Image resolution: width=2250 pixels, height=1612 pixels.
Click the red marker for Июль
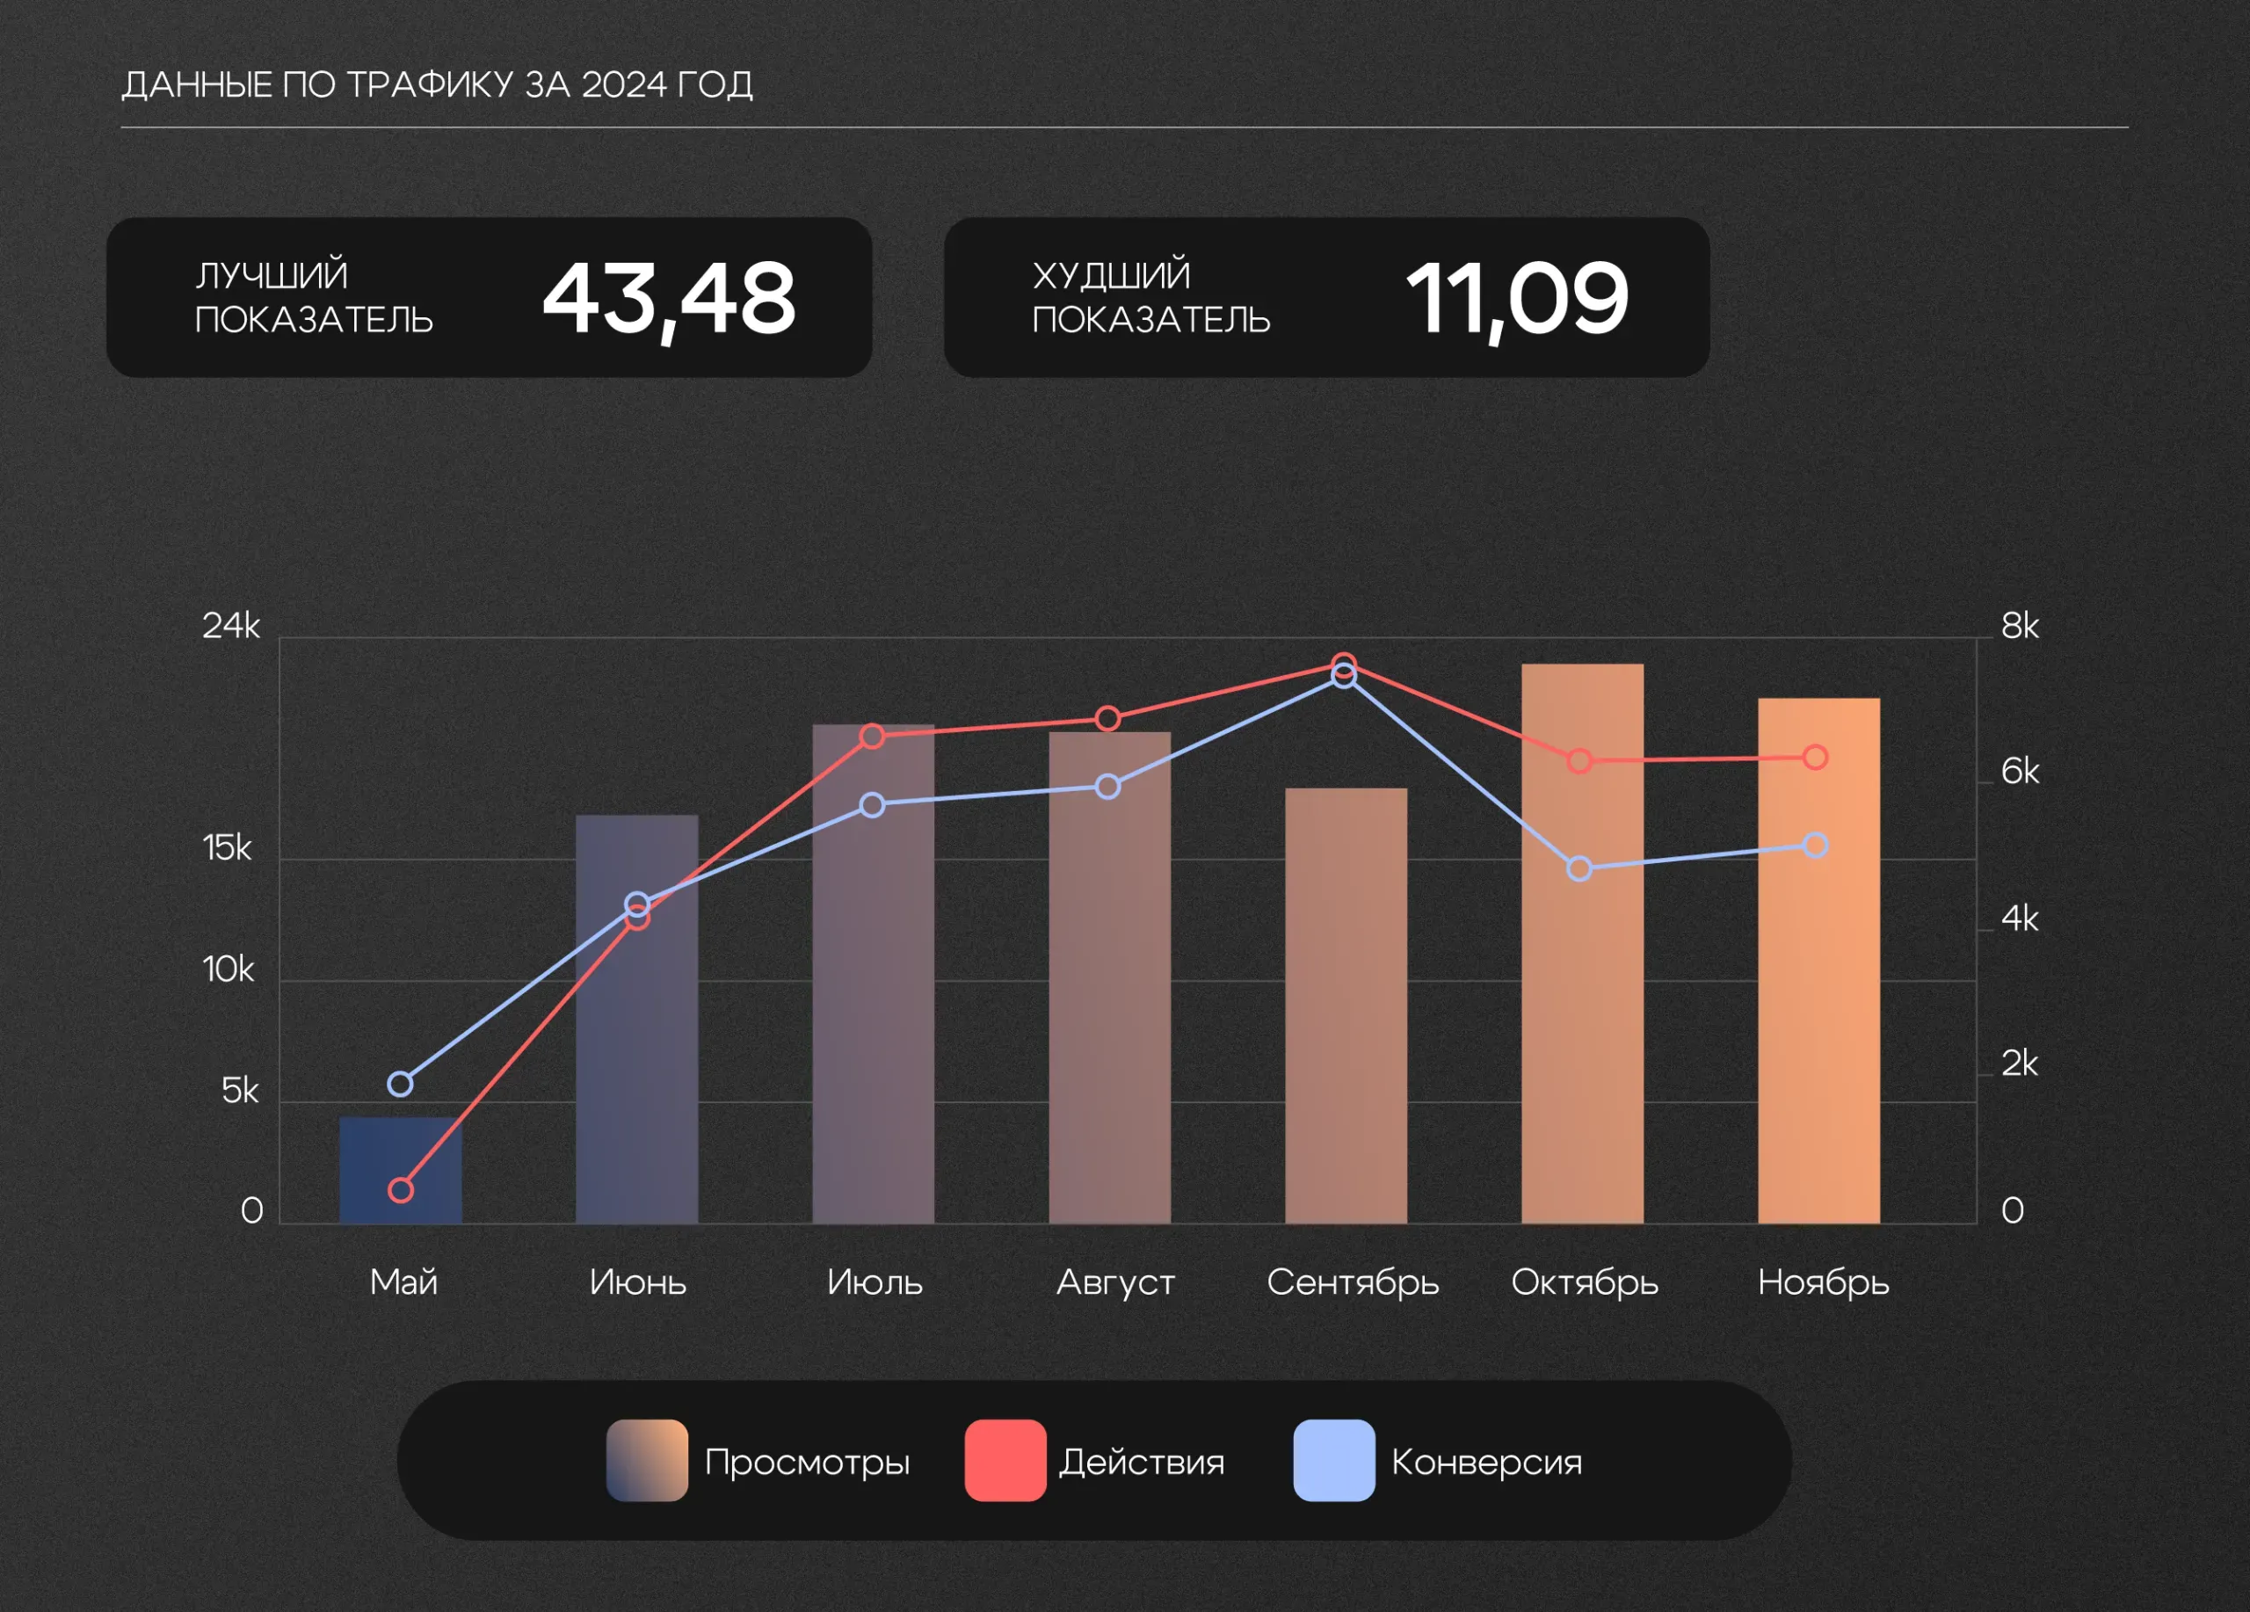(x=872, y=736)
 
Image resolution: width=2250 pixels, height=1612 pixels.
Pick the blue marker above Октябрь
(x=1579, y=869)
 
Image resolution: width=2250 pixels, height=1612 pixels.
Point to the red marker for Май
(x=401, y=1190)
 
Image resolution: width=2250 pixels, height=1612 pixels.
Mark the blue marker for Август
(x=1108, y=787)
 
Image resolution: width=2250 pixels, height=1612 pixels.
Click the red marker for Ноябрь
(x=1816, y=758)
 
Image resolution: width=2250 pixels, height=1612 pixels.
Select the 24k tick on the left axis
(x=230, y=626)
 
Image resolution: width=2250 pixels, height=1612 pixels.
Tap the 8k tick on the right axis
(x=2020, y=626)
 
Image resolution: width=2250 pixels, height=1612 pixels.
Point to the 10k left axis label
(x=229, y=969)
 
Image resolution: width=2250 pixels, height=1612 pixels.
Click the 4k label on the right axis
(x=2020, y=919)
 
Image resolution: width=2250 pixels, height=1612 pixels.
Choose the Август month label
(x=1115, y=1282)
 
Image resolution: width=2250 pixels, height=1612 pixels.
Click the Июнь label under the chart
(x=638, y=1282)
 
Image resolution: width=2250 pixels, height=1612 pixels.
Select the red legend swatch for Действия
(x=1005, y=1460)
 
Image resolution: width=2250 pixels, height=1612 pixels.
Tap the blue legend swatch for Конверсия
(x=1334, y=1460)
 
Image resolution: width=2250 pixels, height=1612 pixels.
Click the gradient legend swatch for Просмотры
(x=647, y=1460)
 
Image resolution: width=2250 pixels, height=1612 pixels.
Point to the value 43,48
(x=669, y=298)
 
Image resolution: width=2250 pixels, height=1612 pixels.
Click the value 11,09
(x=1517, y=298)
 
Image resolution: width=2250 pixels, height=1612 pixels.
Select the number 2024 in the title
(x=624, y=85)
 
